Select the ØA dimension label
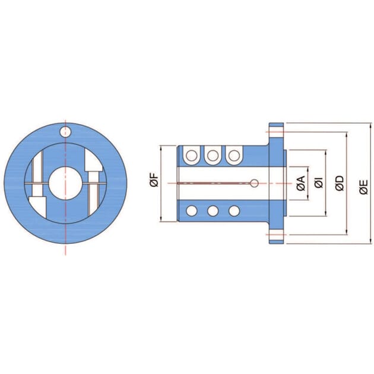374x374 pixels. (301, 183)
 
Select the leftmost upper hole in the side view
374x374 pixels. (192, 156)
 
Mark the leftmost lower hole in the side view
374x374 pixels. (192, 210)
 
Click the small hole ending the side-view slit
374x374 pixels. (253, 183)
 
